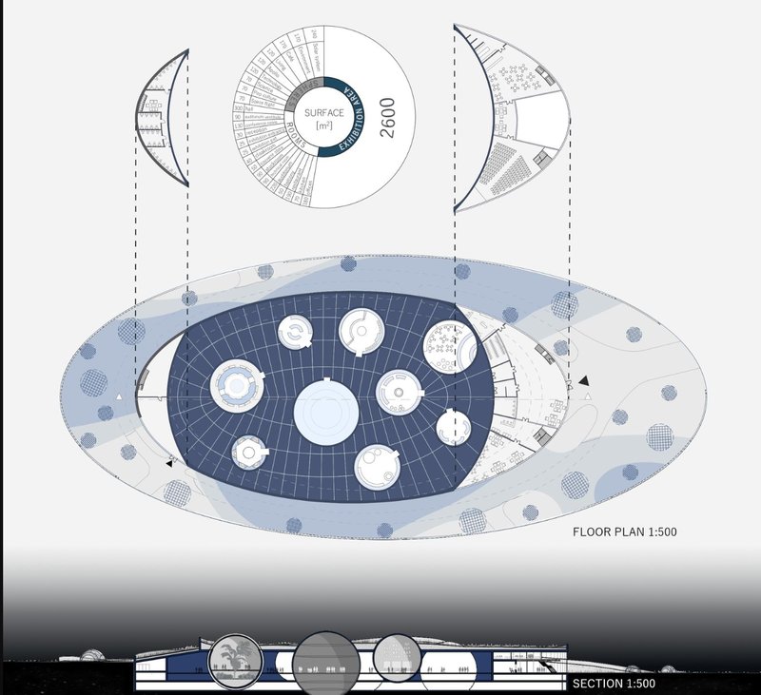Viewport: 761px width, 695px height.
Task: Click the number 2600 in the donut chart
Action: pyautogui.click(x=387, y=118)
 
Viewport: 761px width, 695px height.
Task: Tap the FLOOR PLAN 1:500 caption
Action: pyautogui.click(x=624, y=531)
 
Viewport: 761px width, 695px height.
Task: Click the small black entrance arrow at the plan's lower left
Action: pyautogui.click(x=170, y=462)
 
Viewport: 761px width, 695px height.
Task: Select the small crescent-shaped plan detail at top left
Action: pyautogui.click(x=163, y=121)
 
